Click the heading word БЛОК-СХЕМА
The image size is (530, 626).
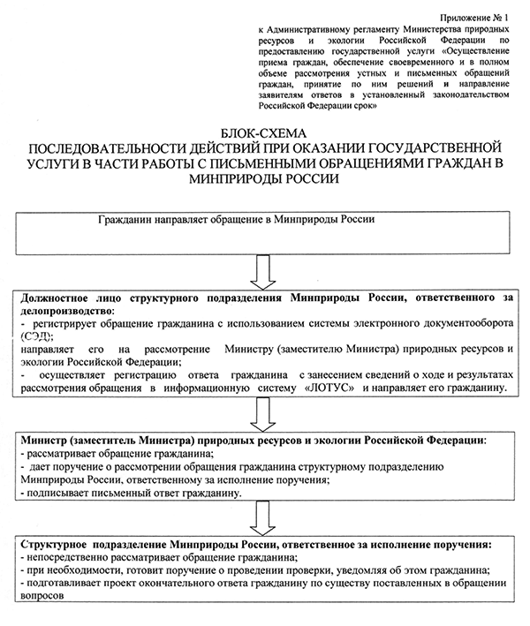pos(264,130)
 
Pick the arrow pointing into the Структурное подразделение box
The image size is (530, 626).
pos(264,516)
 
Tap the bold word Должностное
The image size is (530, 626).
pos(57,298)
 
